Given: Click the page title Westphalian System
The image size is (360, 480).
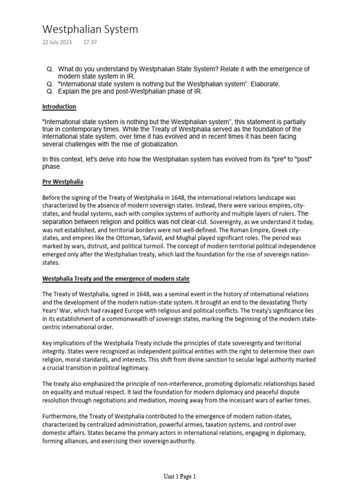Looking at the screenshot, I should (x=90, y=30).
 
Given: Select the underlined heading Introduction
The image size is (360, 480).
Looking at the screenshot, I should (x=59, y=107).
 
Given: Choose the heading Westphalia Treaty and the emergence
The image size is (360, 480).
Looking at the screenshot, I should (x=116, y=278).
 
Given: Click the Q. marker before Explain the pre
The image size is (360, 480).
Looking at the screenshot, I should (x=50, y=91).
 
